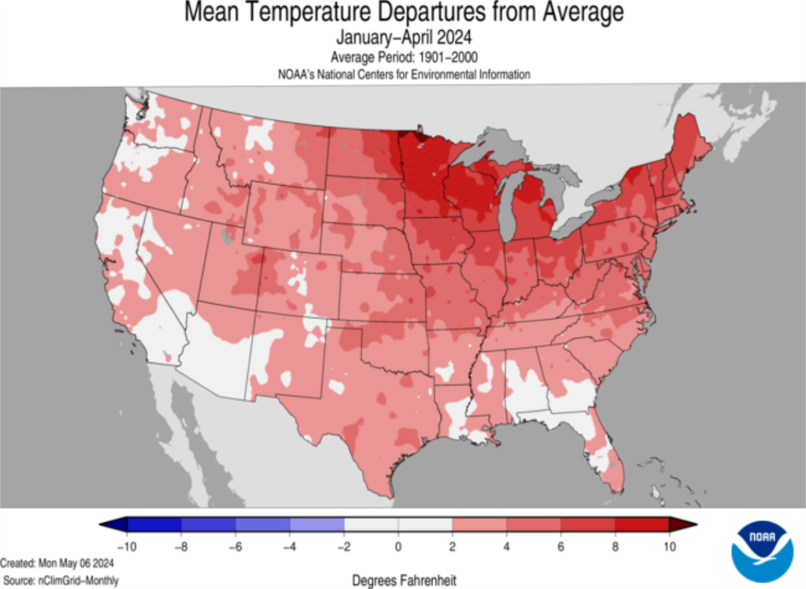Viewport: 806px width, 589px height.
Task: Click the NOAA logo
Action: (x=761, y=550)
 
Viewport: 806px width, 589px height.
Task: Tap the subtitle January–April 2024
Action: (x=402, y=36)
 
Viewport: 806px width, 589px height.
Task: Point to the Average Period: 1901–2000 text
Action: (x=402, y=57)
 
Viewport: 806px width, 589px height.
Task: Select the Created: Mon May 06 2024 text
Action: (x=57, y=565)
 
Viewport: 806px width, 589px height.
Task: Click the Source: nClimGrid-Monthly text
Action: (x=60, y=580)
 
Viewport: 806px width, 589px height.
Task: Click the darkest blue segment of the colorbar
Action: (x=154, y=524)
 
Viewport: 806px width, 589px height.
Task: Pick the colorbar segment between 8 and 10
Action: (x=641, y=524)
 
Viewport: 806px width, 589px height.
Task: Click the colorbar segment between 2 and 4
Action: (x=479, y=524)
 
